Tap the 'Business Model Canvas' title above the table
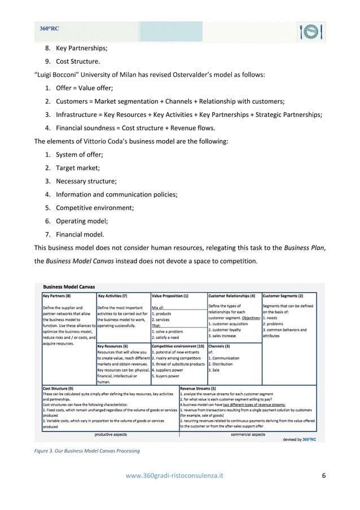[69, 286]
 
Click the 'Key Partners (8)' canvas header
[57, 295]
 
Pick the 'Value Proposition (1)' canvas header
[170, 295]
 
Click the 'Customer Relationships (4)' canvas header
[232, 295]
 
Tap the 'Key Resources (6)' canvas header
[113, 346]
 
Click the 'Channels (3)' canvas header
[219, 346]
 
